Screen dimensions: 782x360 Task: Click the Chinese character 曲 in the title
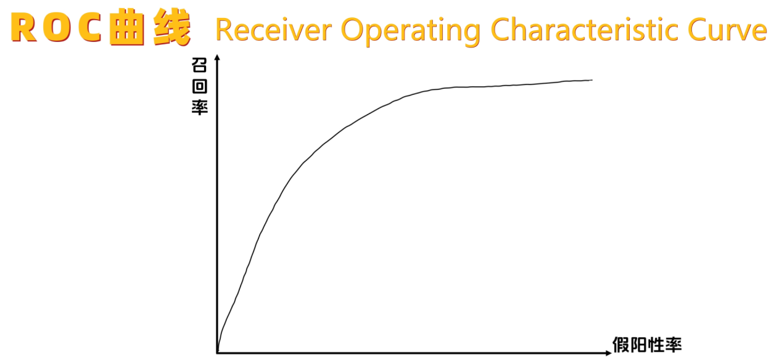point(126,28)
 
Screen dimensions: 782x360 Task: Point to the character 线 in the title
point(173,28)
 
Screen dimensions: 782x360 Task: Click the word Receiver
point(274,30)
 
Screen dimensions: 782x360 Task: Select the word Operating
point(411,31)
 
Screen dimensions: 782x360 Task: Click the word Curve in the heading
point(727,30)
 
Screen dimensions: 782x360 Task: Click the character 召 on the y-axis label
point(199,65)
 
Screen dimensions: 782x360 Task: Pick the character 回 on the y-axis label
point(199,86)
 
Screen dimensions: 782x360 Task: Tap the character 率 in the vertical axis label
point(199,107)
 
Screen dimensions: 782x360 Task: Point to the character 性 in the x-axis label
point(656,345)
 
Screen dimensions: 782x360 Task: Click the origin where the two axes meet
point(217,353)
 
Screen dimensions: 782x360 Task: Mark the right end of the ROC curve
point(592,80)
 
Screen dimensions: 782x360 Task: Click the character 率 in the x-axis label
point(673,345)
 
